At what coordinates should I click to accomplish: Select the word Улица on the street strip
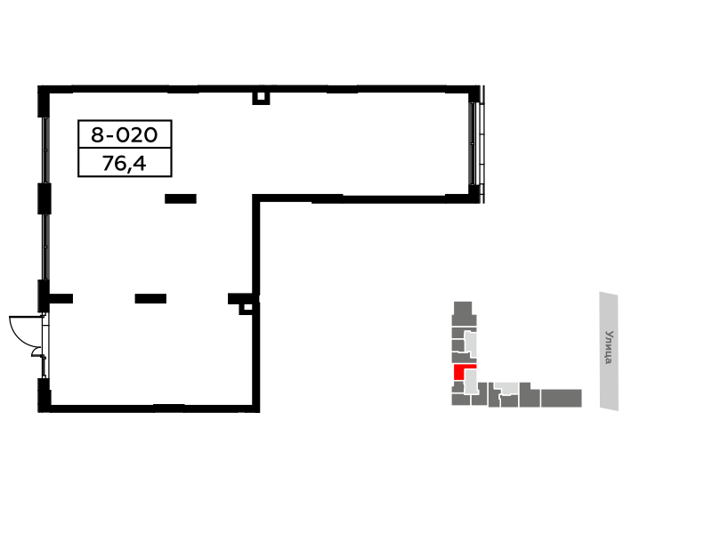[609, 347]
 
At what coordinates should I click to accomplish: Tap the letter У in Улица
[609, 334]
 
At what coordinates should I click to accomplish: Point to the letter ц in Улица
[609, 352]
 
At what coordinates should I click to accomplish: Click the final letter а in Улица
[609, 360]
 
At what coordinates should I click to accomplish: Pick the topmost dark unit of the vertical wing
[463, 308]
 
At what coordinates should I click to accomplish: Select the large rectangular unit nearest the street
[562, 398]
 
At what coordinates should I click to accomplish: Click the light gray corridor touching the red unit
[471, 382]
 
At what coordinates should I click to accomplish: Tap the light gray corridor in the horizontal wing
[507, 387]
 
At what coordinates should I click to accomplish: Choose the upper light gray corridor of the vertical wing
[471, 343]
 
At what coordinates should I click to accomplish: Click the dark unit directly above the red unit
[460, 358]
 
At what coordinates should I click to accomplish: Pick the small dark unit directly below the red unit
[457, 387]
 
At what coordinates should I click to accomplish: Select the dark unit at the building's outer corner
[460, 400]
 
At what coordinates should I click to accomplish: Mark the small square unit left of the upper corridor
[457, 345]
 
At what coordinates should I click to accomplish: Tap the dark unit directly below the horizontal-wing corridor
[509, 401]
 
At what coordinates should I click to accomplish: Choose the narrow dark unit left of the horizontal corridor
[493, 396]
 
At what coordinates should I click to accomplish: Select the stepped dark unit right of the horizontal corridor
[529, 396]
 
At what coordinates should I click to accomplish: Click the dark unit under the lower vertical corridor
[480, 399]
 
